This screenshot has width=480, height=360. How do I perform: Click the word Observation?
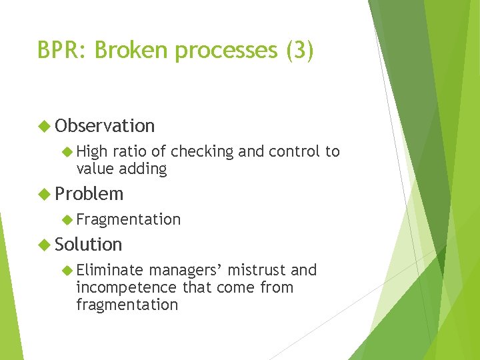[x=105, y=126]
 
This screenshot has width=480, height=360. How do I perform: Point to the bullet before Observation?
[x=45, y=126]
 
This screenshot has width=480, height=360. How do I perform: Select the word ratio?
[x=126, y=152]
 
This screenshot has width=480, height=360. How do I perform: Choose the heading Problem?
[x=89, y=194]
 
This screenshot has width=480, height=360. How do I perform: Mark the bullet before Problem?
[x=45, y=194]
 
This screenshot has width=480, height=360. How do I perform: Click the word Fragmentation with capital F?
[x=129, y=219]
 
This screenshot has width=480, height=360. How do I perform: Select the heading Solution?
[x=89, y=245]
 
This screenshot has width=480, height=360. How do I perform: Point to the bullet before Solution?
[x=45, y=245]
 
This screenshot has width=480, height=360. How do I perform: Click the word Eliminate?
[x=110, y=270]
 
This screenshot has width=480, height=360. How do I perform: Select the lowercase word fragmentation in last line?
[x=127, y=305]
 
